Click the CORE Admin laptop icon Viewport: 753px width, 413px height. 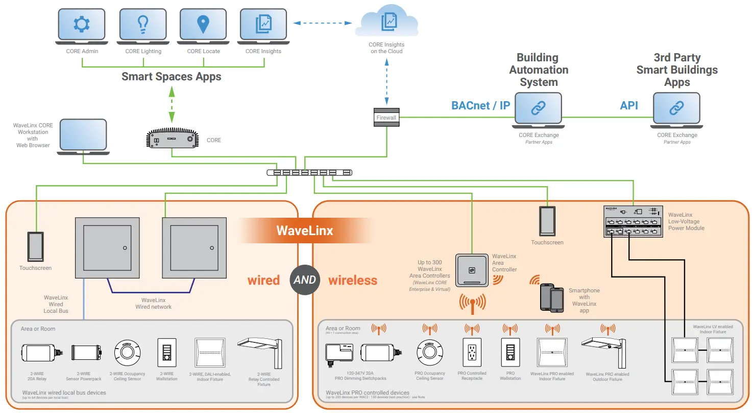82,26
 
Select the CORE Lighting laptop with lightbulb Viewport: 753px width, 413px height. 143,26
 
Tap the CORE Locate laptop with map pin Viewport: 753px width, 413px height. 203,26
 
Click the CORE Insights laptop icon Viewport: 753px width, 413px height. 263,26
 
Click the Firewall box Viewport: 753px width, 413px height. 386,117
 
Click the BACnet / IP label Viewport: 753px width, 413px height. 480,106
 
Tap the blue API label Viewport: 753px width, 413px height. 629,106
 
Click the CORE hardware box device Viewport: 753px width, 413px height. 173,139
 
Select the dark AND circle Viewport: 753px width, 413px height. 305,280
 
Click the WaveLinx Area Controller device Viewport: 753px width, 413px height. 472,270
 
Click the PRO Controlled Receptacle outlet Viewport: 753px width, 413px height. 472,353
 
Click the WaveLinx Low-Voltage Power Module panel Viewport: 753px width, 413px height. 632,221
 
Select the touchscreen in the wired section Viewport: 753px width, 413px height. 36,246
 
